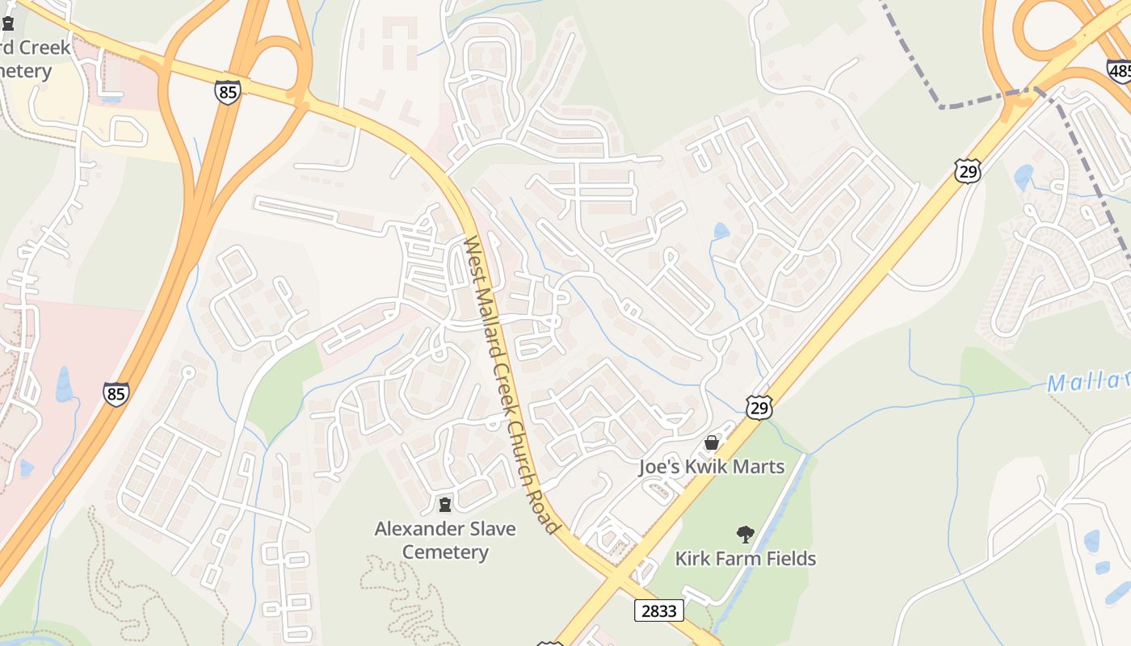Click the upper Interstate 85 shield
pos(228,92)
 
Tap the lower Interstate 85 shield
pos(116,393)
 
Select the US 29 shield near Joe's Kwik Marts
pos(759,408)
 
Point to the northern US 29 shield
pos(966,170)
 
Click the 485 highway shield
pos(1120,72)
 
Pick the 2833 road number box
pos(659,610)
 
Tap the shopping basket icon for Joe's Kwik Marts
pos(712,443)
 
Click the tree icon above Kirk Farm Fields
pos(745,533)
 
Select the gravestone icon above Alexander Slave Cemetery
pos(444,505)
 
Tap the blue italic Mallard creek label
pos(1087,382)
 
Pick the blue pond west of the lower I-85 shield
pos(63,384)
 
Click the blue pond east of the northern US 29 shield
pos(1024,177)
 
